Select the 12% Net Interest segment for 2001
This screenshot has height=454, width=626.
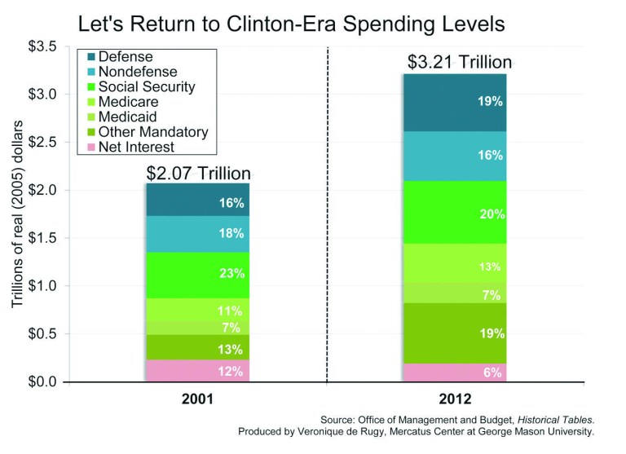[198, 371]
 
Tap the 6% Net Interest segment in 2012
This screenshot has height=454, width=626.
[454, 372]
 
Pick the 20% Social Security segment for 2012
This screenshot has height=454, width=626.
[454, 214]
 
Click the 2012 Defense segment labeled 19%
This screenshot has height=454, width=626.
[454, 103]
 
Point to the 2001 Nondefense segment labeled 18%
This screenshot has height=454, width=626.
[198, 234]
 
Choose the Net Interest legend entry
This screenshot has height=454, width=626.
[135, 147]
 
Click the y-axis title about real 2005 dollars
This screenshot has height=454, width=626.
[15, 214]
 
